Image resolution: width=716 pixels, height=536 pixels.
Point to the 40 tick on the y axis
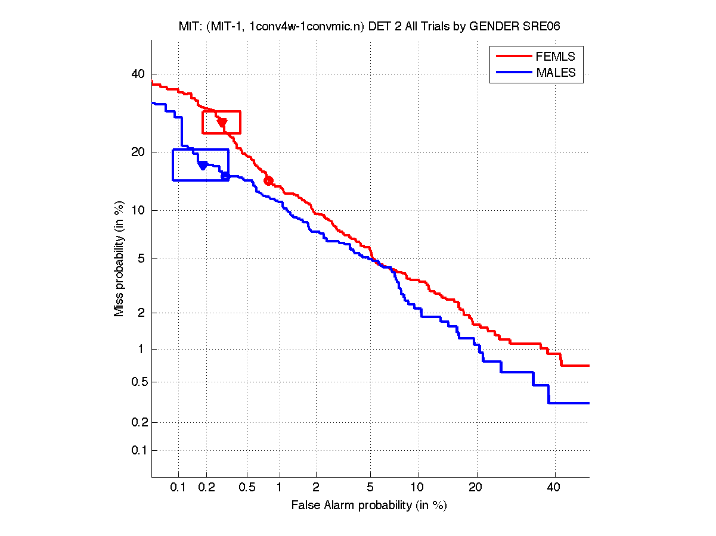138,74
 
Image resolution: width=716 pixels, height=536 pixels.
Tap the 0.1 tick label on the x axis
178,487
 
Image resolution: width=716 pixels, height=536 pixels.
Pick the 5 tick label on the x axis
370,487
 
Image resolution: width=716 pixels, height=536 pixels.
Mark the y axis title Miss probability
120,258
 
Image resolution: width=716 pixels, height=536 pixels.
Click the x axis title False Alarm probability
369,506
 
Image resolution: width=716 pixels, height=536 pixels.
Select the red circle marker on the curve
268,180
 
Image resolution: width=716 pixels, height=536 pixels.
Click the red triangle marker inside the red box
222,122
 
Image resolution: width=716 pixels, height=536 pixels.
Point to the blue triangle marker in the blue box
203,165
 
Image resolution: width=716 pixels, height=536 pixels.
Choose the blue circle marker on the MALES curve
225,176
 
